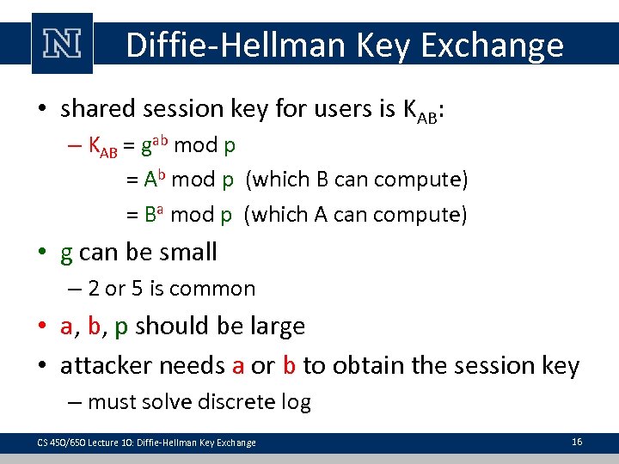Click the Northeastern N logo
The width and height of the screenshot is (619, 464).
pos(62,43)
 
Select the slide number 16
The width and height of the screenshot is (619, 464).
pos(577,442)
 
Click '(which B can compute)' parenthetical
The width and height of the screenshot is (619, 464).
pos(357,180)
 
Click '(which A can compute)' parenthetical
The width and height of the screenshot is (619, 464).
pos(356,215)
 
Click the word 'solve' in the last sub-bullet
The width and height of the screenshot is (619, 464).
pos(172,401)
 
